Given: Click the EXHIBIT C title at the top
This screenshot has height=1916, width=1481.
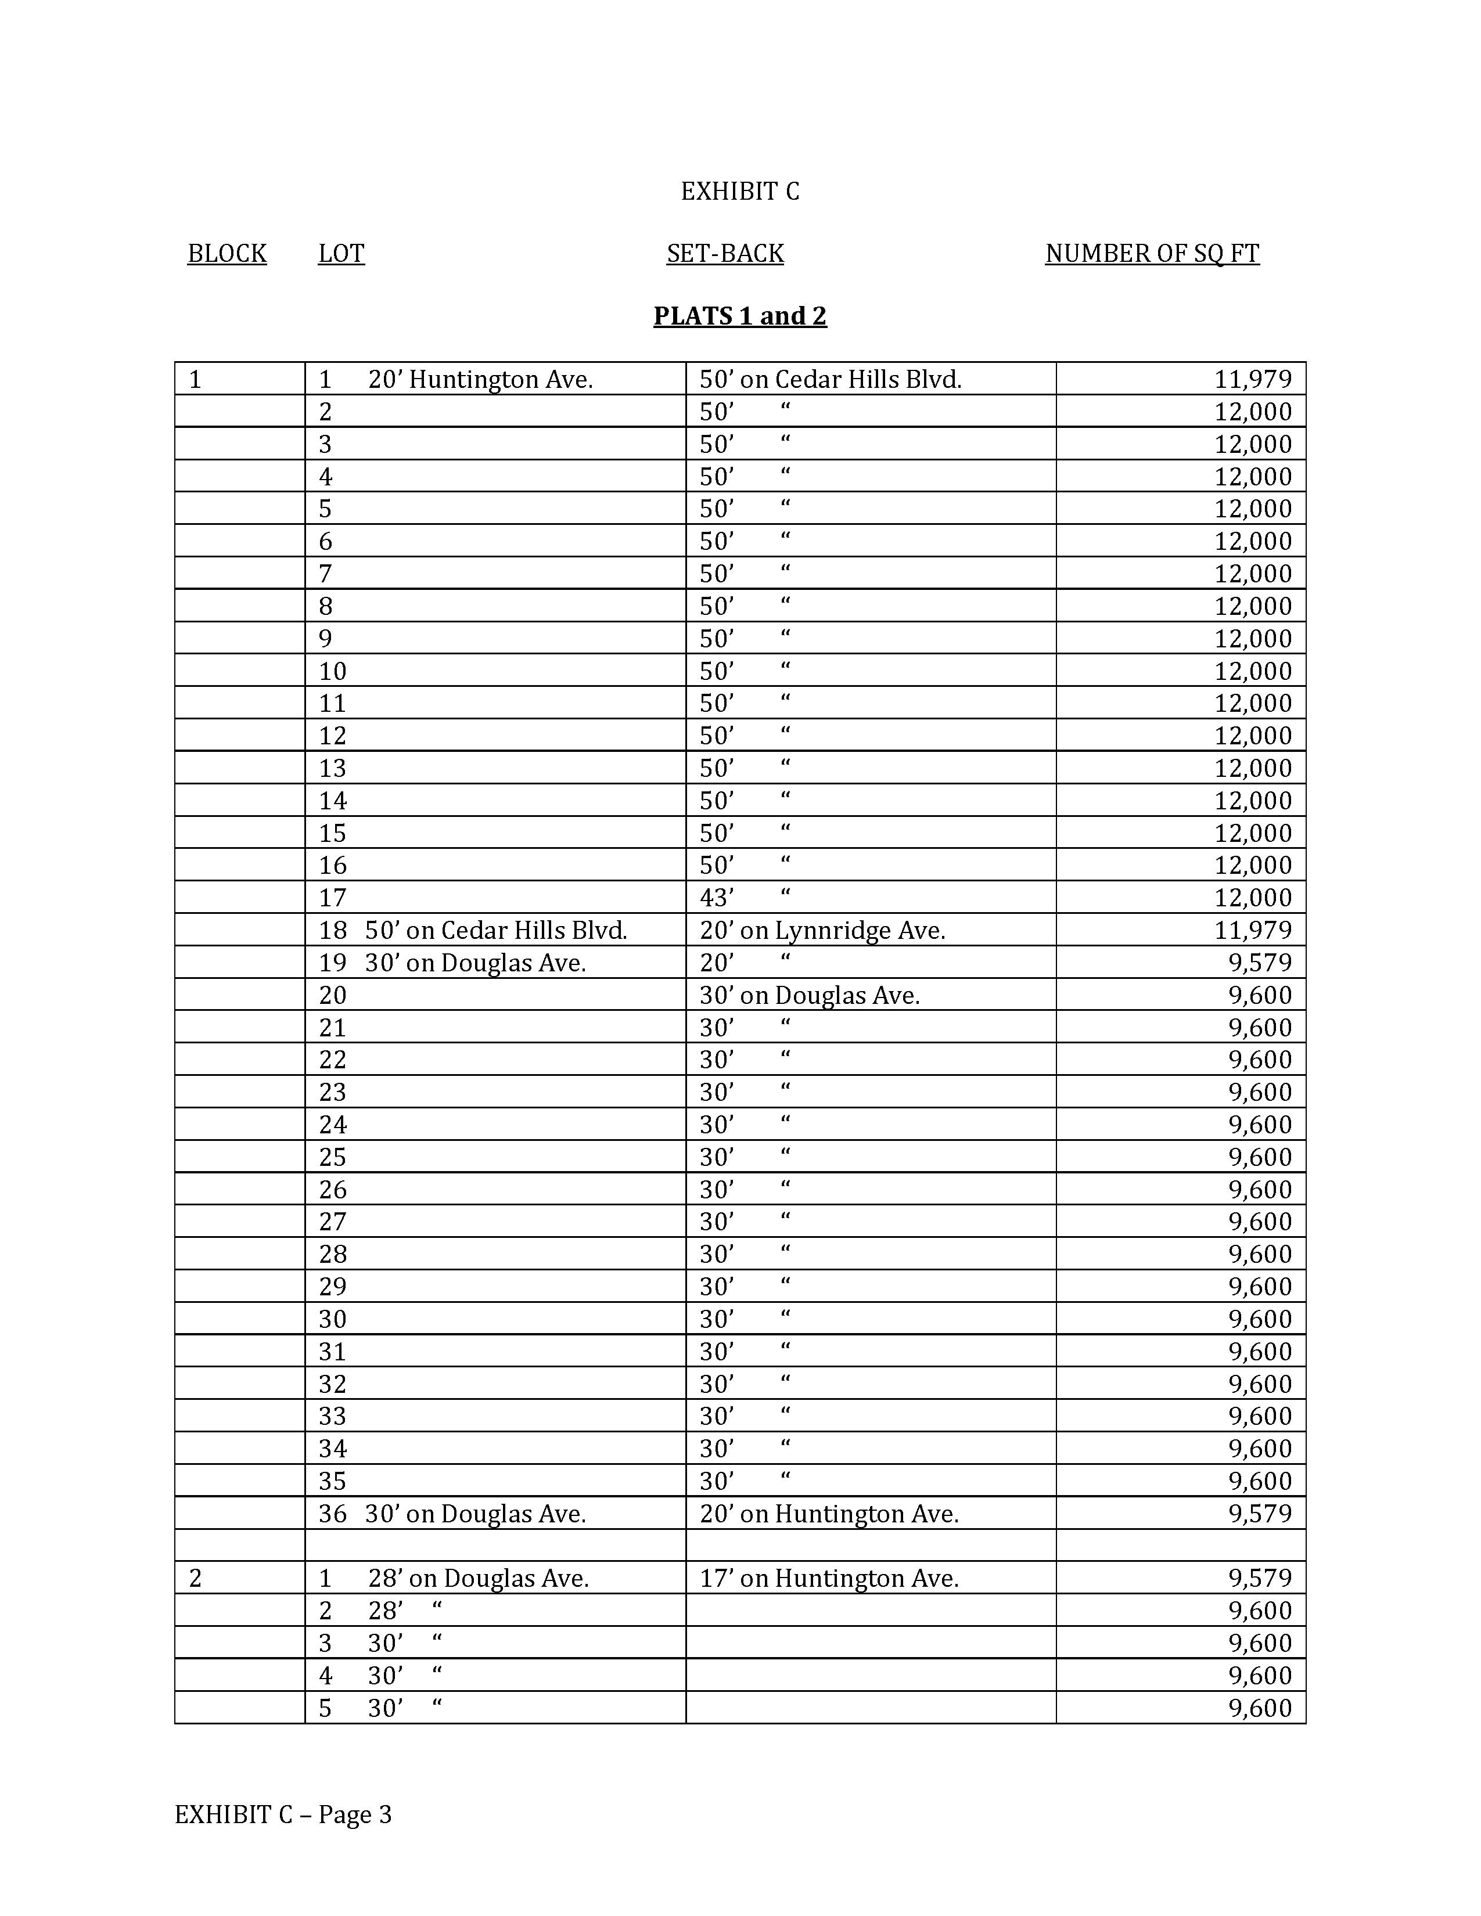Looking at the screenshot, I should pos(739,191).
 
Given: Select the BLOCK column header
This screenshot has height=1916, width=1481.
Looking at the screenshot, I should pos(227,254).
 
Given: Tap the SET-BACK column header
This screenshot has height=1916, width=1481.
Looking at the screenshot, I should pos(725,254).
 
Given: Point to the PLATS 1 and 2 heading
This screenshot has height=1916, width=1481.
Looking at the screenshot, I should pos(739,316).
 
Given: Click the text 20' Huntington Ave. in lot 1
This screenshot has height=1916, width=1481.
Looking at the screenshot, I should pos(481,380).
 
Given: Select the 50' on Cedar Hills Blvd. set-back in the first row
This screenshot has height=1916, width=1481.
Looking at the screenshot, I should pos(830,380).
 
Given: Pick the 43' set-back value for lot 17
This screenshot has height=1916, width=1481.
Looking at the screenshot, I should pos(716,898).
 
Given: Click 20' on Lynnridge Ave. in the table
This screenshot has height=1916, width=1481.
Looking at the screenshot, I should pos(822,930).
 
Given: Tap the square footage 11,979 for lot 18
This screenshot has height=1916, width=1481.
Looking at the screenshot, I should pos(1252,930).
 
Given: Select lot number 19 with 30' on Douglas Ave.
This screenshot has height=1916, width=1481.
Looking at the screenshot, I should pos(333,963).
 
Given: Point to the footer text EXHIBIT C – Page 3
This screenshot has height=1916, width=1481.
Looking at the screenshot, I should pos(282,1814).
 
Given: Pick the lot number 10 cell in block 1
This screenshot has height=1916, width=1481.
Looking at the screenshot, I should pos(333,672).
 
